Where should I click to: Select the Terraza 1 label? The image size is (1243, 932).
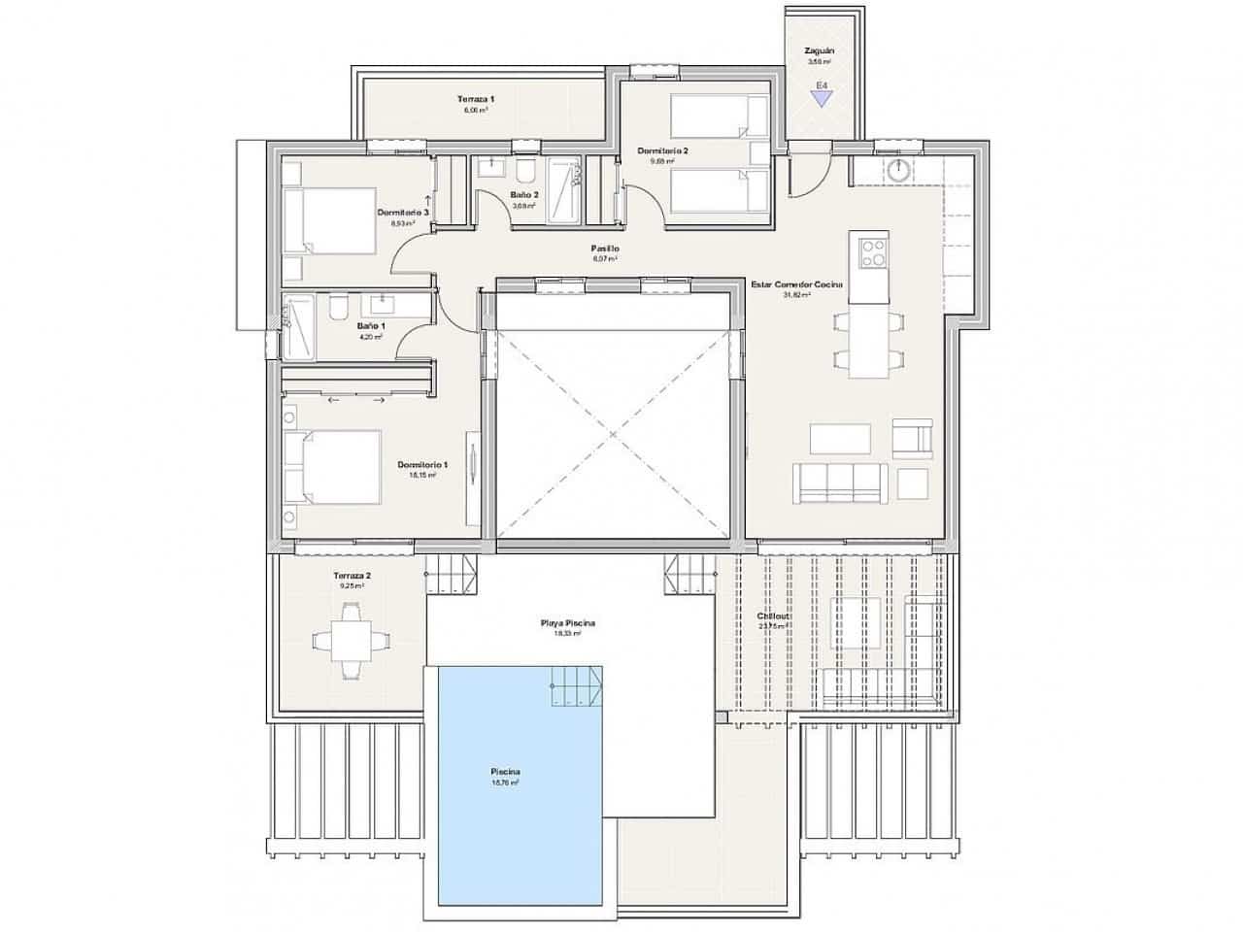tap(476, 99)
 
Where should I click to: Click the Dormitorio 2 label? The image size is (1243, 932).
tap(662, 151)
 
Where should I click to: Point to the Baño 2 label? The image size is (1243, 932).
tap(523, 195)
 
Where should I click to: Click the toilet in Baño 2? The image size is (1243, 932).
tap(524, 172)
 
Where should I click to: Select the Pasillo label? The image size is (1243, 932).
tap(604, 250)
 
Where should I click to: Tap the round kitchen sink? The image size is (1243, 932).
tap(898, 170)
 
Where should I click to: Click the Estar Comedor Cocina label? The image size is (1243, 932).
tap(796, 284)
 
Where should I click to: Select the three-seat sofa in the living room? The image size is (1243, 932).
tap(841, 483)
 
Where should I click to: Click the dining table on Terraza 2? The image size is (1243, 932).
tap(341, 640)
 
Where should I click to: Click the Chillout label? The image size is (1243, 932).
tap(774, 616)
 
